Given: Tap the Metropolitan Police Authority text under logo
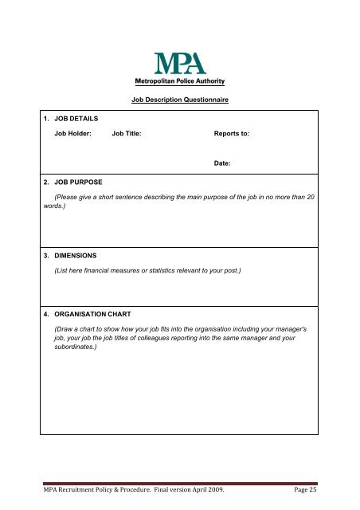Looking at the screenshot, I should [179, 81].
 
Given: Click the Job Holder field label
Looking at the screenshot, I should [72, 134].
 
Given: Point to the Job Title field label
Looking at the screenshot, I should [127, 134].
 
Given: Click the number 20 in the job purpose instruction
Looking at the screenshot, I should [311, 197].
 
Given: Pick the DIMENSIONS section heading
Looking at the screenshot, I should [75, 256].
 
